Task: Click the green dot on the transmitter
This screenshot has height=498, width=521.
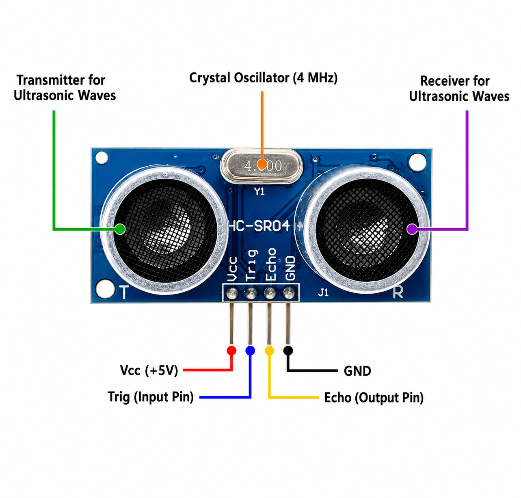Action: (x=120, y=229)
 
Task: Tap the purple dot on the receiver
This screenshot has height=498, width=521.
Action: (x=412, y=229)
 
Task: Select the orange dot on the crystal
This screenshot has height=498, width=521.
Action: (x=262, y=164)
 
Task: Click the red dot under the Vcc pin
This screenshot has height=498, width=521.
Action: (x=231, y=351)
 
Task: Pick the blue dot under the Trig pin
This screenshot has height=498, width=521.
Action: (x=250, y=351)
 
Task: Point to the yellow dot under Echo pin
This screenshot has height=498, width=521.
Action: (x=269, y=351)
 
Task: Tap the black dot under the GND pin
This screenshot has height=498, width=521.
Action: (x=288, y=351)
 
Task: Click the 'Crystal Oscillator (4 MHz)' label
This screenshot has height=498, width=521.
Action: (x=264, y=78)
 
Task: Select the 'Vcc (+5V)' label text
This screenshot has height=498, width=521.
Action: (x=149, y=371)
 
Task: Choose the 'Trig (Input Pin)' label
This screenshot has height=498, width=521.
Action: (x=151, y=397)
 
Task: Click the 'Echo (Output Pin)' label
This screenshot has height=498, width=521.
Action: (x=374, y=398)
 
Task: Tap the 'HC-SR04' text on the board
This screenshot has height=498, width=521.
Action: (x=259, y=226)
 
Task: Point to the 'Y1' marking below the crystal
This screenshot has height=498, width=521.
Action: (x=259, y=191)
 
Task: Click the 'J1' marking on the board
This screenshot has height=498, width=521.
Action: (x=323, y=292)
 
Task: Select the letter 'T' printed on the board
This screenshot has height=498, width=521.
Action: (x=124, y=292)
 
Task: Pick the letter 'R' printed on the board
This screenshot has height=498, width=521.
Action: (x=398, y=292)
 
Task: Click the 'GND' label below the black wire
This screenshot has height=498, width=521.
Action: (x=357, y=371)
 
